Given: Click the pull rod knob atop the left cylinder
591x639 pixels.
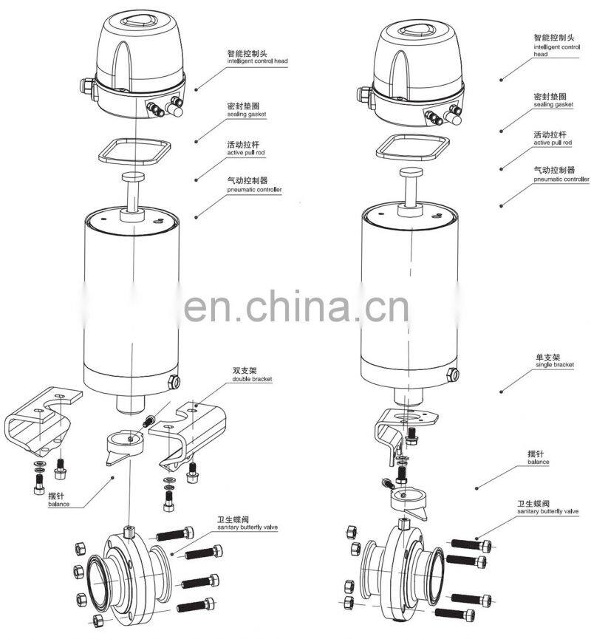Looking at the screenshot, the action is click(134, 178).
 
